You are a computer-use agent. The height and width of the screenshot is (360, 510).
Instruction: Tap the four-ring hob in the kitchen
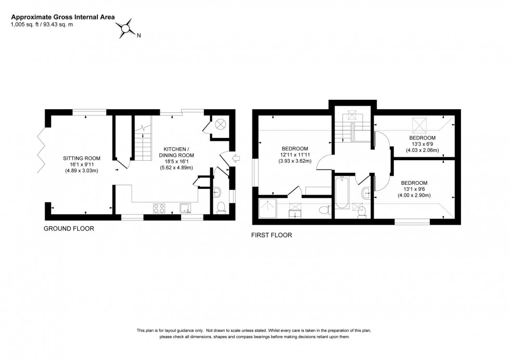coord(159,208)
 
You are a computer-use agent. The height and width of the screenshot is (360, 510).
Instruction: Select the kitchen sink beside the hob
coord(185,208)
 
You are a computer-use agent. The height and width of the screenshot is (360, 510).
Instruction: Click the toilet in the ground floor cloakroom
coord(220,207)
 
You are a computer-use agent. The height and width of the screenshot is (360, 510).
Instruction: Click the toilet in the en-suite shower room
coord(324,210)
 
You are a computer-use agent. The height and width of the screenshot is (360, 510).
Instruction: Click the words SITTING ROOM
coord(82,158)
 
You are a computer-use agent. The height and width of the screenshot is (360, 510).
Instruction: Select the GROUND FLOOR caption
coord(69,228)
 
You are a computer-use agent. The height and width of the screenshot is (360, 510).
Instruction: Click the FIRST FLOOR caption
coord(272,235)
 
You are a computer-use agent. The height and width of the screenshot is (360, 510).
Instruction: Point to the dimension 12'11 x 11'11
coord(294,155)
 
